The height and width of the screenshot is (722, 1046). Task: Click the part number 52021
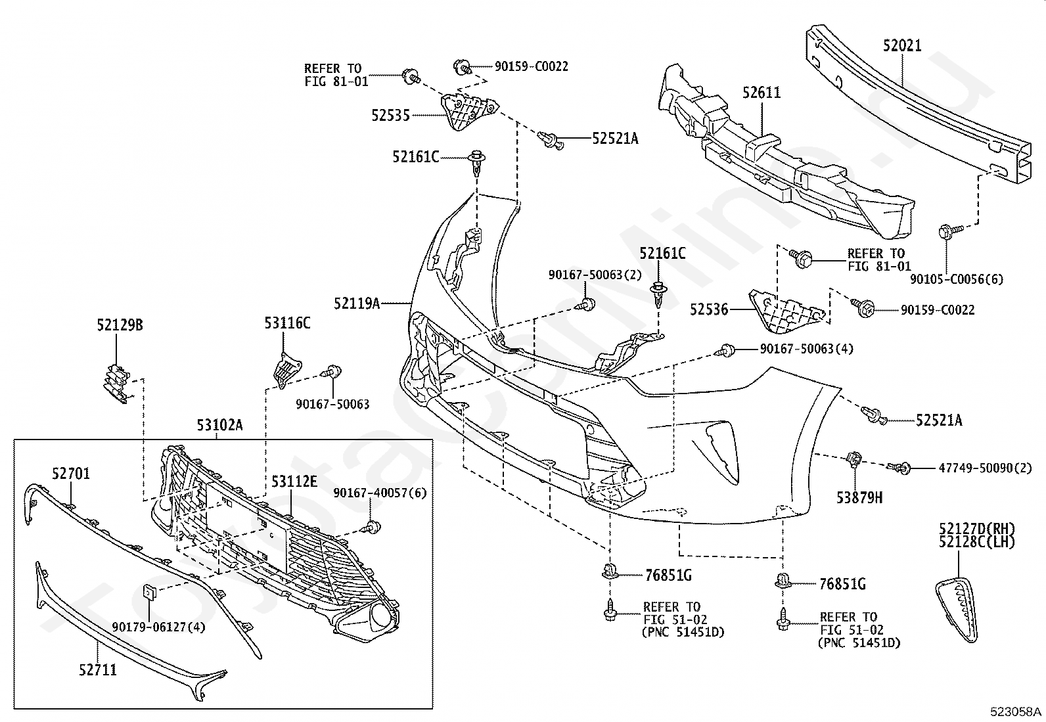pos(901,46)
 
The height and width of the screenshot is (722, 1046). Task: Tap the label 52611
pos(761,93)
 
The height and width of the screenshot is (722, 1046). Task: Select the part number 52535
pos(390,116)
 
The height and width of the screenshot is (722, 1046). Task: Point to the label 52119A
pos(357,304)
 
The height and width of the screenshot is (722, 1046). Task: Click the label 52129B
pos(120,325)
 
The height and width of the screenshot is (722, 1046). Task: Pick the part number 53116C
pos(287,323)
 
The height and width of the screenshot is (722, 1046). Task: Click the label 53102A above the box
pos(219,425)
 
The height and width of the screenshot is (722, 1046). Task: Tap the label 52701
pos(70,474)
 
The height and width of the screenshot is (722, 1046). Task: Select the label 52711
pos(98,670)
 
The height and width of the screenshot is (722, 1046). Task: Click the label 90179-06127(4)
pos(159,627)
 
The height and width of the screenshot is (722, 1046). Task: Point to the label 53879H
pos(859,498)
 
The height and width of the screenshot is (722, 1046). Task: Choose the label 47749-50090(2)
pos(986,468)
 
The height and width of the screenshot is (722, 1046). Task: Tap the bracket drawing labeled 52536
pos(787,311)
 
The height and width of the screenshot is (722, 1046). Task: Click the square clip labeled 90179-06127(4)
pos(148,592)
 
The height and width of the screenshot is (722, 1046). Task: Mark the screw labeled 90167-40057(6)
pos(371,528)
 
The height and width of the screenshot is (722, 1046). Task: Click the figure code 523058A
pos(1016,711)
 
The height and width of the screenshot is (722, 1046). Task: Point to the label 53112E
pos(294,482)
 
